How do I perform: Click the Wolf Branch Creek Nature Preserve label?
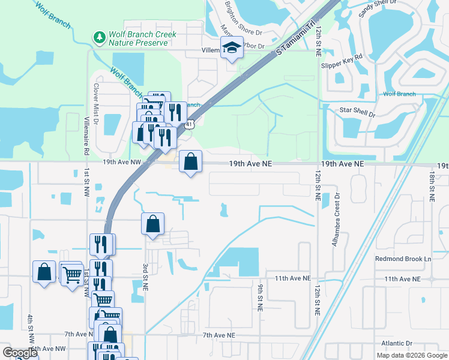[x=142, y=38]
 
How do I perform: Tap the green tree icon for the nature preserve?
[x=100, y=38]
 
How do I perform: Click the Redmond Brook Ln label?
[x=403, y=259]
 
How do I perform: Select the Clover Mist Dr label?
[x=95, y=100]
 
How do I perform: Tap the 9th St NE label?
[x=261, y=298]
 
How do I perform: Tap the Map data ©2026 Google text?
[x=411, y=355]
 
